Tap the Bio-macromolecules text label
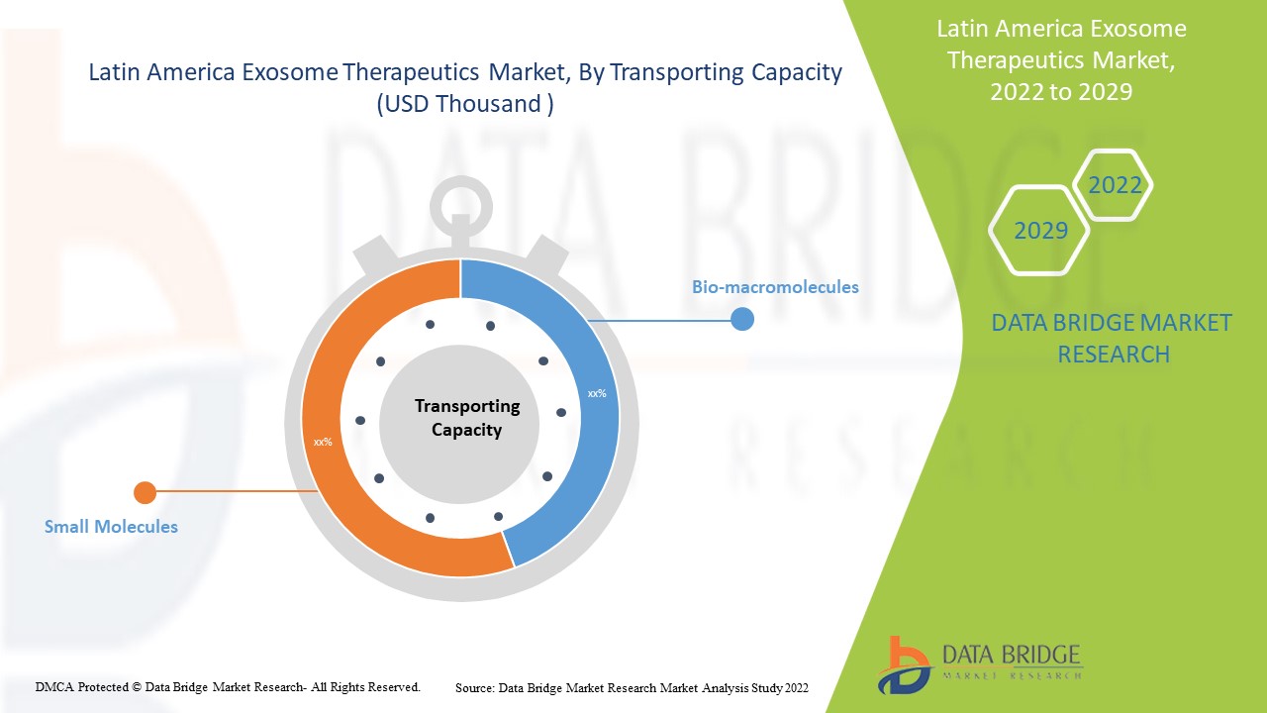tap(775, 287)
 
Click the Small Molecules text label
tap(111, 527)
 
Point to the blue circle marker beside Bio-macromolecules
tap(741, 319)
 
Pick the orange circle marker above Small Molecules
tap(145, 492)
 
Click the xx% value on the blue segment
tap(597, 393)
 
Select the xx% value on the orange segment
tap(323, 442)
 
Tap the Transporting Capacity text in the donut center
tap(466, 418)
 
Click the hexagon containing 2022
tap(1114, 185)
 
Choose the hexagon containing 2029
tap(1039, 231)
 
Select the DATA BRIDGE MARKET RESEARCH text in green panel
tap(1112, 339)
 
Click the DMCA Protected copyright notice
tap(228, 686)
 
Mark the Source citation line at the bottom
tap(632, 687)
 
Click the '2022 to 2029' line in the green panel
tap(1061, 92)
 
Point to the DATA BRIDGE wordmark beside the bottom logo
tap(1010, 656)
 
